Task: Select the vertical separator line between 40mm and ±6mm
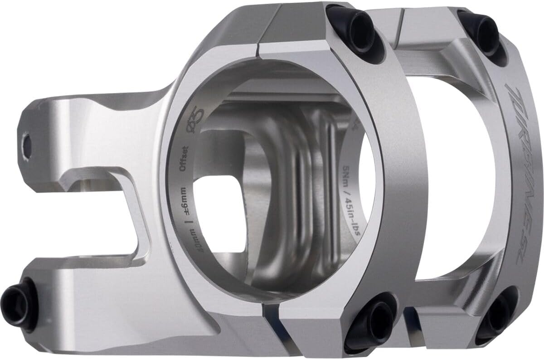coord(185,222)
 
